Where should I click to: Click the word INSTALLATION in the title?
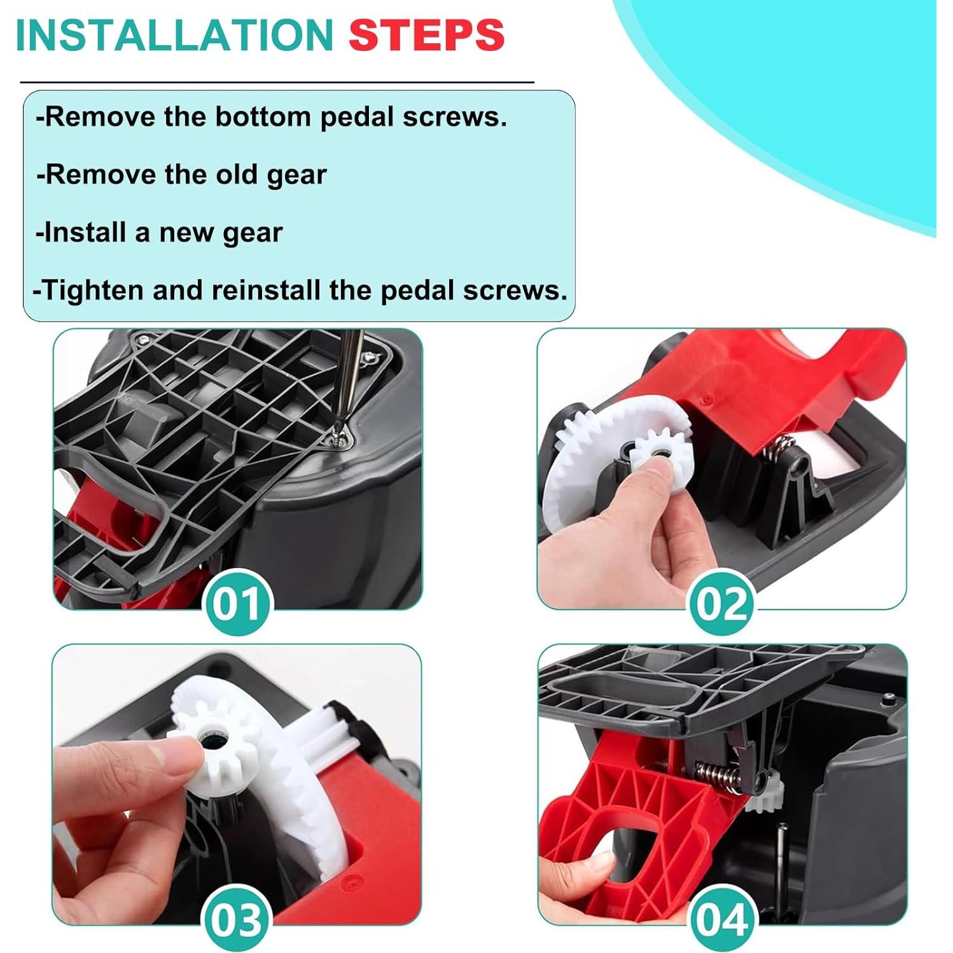(x=174, y=36)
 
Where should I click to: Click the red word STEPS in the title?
(x=426, y=36)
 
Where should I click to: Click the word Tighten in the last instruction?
(x=92, y=290)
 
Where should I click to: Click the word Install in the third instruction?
(x=85, y=232)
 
